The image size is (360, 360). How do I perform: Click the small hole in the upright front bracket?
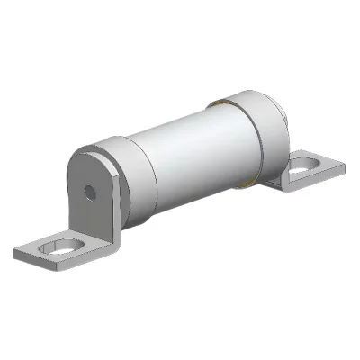89,192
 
